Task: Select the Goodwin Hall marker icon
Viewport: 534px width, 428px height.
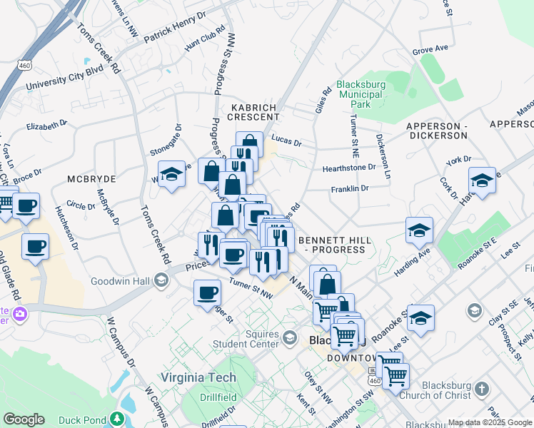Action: point(161,281)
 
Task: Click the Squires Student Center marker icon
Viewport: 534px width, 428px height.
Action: point(289,337)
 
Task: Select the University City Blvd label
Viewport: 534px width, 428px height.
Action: point(65,79)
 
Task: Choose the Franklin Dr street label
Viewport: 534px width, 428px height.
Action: point(349,189)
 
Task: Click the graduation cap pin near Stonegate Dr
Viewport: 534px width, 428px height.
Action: point(171,175)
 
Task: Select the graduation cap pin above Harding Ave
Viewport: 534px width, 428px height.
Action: point(419,230)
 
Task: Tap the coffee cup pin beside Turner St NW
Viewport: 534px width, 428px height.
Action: point(208,292)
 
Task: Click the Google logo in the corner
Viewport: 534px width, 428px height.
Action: point(24,419)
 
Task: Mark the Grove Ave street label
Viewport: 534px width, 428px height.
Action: point(430,49)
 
